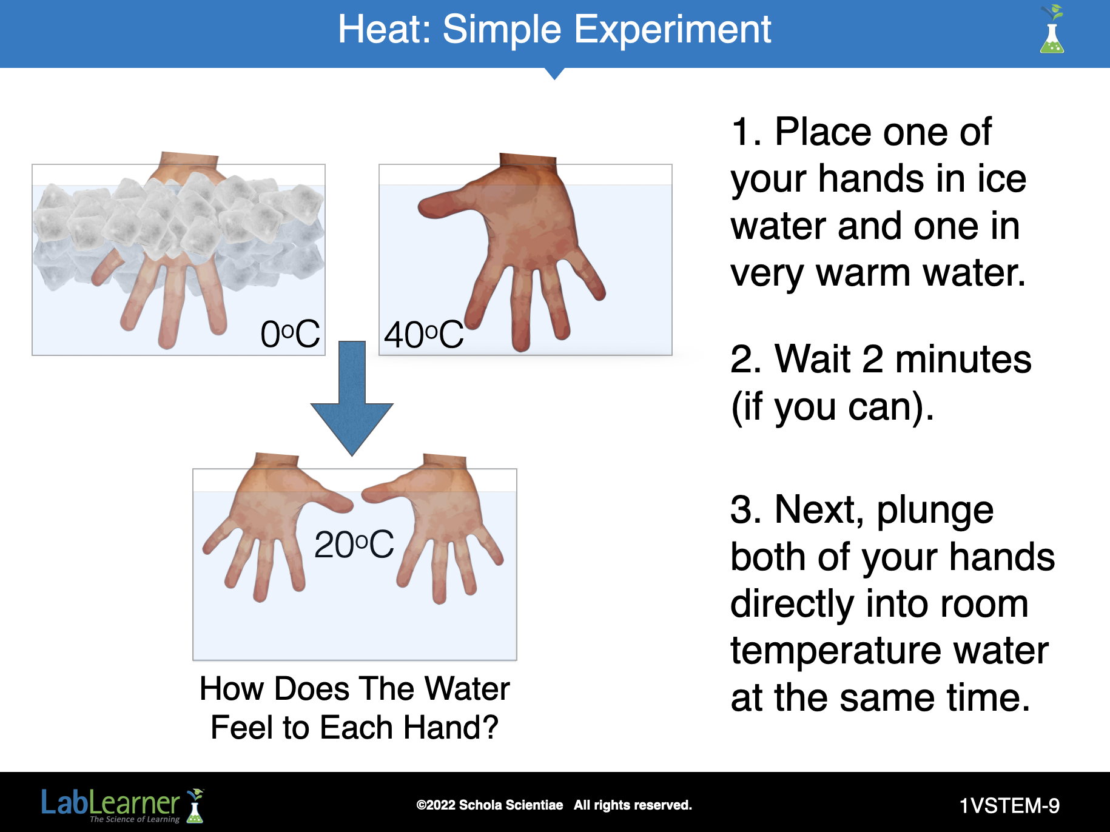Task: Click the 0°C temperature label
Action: (x=290, y=334)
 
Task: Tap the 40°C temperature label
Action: (x=424, y=335)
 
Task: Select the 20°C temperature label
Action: (x=354, y=544)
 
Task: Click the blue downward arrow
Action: (x=352, y=398)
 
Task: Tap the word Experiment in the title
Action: (x=673, y=30)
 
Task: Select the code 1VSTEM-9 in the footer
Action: (x=1009, y=805)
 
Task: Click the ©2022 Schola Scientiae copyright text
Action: (x=489, y=805)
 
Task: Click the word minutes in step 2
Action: (x=963, y=359)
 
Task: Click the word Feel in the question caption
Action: (x=241, y=727)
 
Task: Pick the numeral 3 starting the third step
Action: (x=742, y=509)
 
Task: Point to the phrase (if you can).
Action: (x=832, y=408)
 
